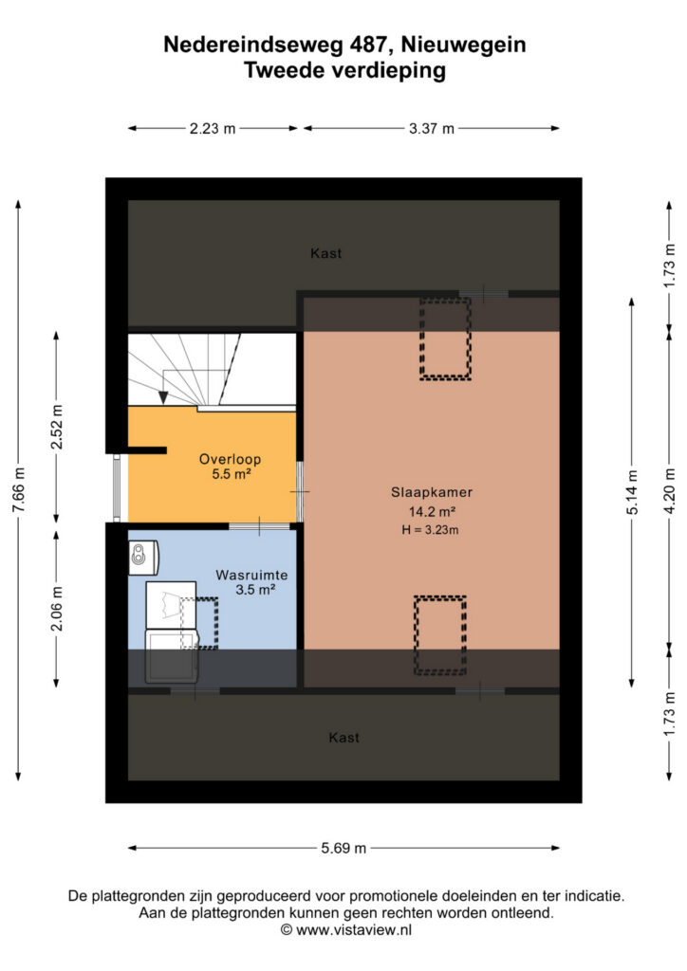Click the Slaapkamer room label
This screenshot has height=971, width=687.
pyautogui.click(x=431, y=492)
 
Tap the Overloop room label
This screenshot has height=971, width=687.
pyautogui.click(x=230, y=460)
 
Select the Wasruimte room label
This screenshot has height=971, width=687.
pyautogui.click(x=251, y=575)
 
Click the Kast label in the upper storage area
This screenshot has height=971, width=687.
pyautogui.click(x=325, y=253)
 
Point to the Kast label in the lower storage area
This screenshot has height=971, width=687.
pyautogui.click(x=343, y=738)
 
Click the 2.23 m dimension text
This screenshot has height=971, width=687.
pyautogui.click(x=213, y=129)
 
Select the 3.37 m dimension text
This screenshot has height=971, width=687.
pyautogui.click(x=431, y=129)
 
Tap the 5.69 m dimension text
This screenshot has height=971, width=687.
pyautogui.click(x=343, y=849)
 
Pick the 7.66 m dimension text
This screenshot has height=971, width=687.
pyautogui.click(x=19, y=490)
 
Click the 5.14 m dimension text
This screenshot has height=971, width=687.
pyautogui.click(x=632, y=492)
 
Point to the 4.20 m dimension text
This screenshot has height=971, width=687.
pyautogui.click(x=669, y=491)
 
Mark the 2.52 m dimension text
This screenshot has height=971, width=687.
pyautogui.click(x=56, y=428)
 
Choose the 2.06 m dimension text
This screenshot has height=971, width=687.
pyautogui.click(x=56, y=608)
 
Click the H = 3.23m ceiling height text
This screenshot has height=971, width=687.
pyautogui.click(x=430, y=530)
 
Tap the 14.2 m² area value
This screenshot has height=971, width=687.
pyautogui.click(x=432, y=512)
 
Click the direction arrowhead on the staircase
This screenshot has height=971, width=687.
pyautogui.click(x=163, y=397)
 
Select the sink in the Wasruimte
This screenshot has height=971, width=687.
pyautogui.click(x=143, y=558)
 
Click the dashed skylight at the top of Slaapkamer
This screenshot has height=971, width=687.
pyautogui.click(x=445, y=339)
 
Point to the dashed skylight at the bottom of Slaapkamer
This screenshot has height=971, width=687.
pyautogui.click(x=440, y=635)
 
